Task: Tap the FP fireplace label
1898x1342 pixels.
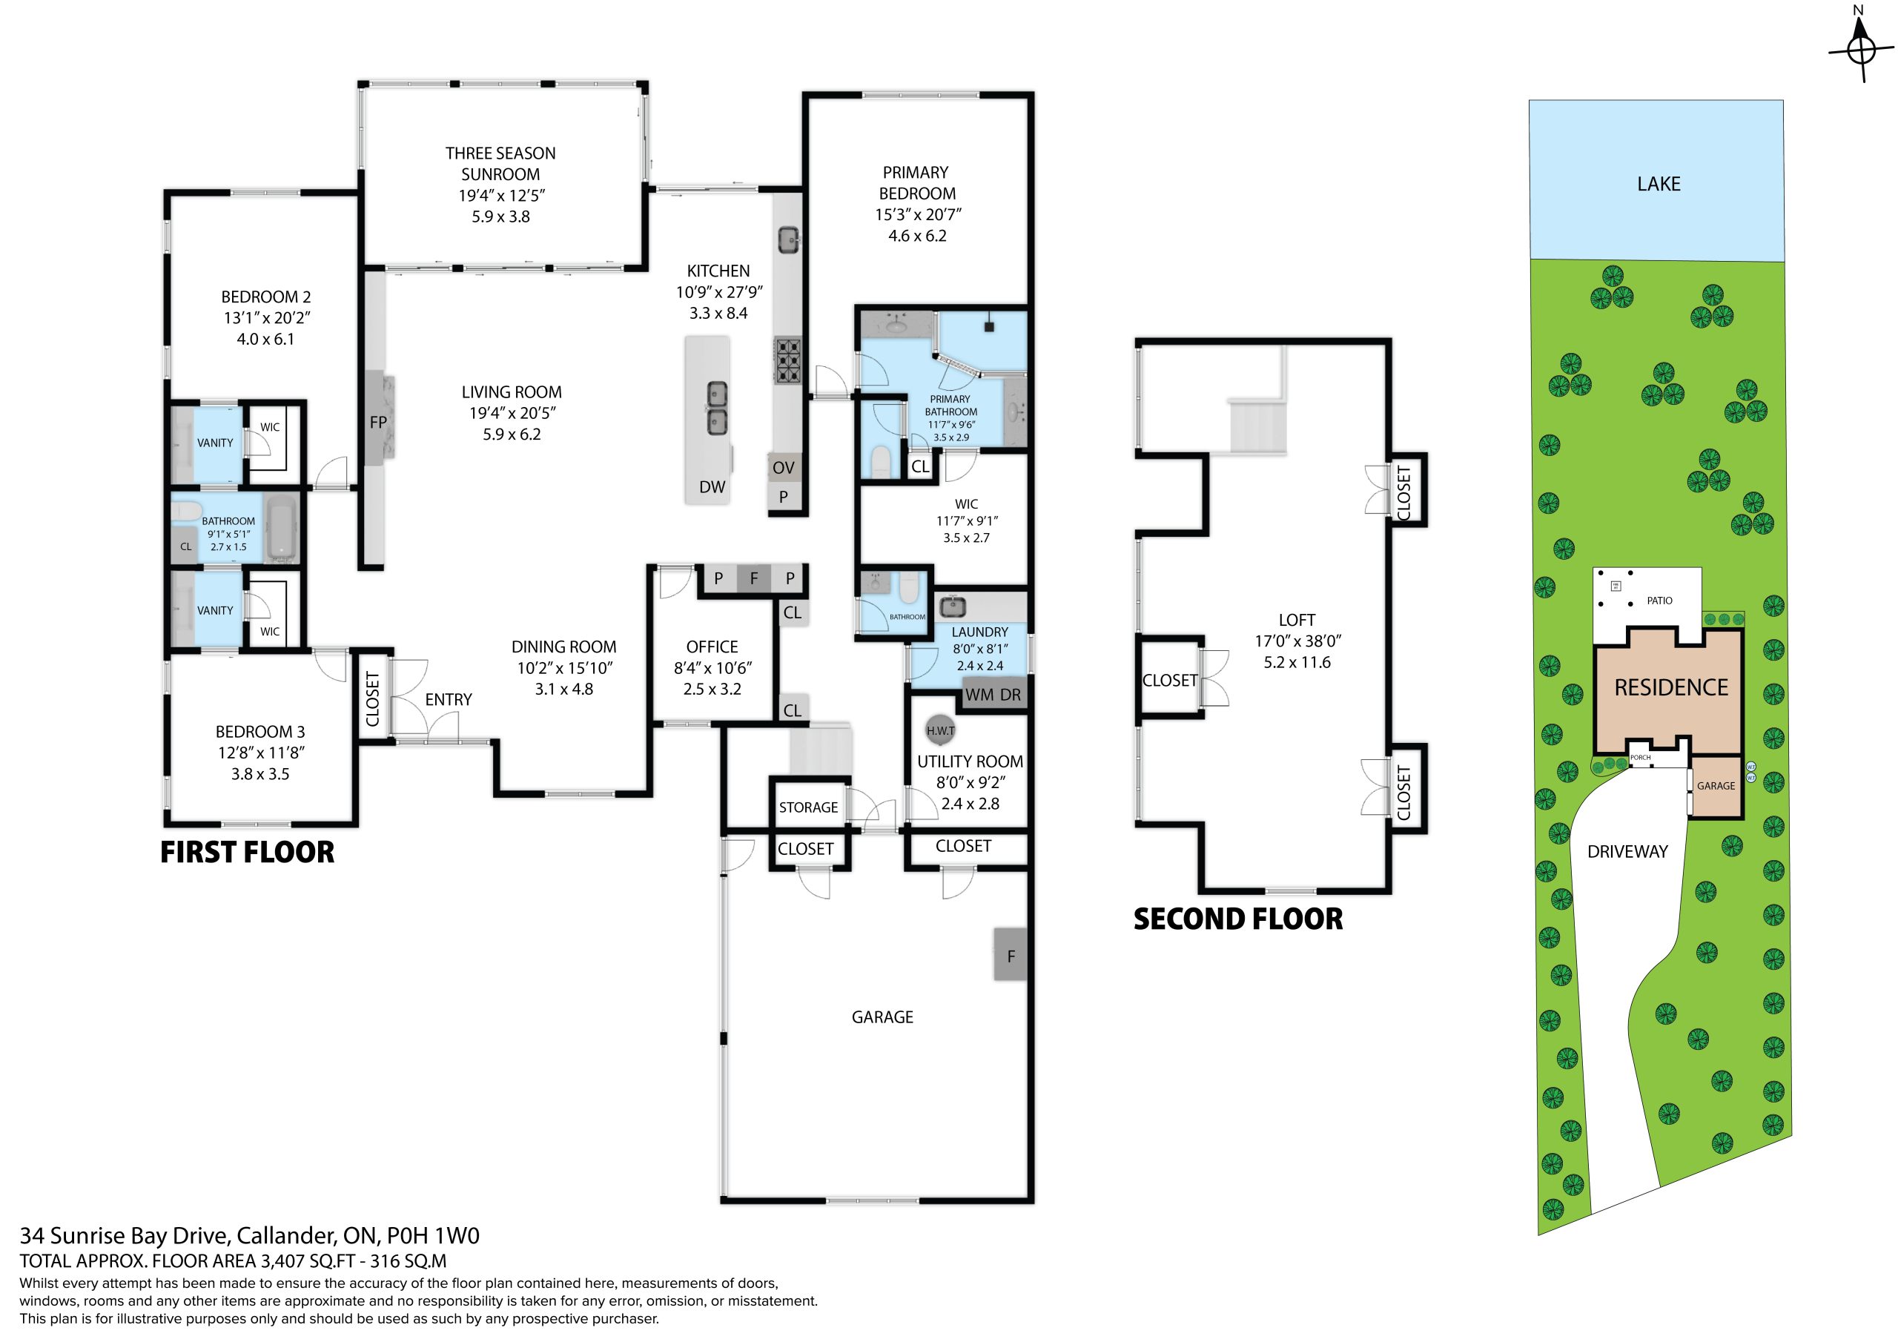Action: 379,423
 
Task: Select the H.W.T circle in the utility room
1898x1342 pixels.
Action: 940,730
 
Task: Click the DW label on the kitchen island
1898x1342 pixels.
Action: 712,487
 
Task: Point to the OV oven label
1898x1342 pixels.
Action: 783,468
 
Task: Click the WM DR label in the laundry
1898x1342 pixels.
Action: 993,695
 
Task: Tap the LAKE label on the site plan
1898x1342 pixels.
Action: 1659,184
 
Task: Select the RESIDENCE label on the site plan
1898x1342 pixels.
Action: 1670,687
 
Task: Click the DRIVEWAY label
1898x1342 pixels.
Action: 1627,852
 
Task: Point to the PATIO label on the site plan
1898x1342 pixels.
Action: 1659,601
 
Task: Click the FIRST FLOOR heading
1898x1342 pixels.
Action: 247,853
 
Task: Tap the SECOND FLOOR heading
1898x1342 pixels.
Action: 1238,919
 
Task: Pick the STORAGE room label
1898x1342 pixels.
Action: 808,807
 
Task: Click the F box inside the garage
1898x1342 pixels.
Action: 1011,955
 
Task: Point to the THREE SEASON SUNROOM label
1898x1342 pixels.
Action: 500,164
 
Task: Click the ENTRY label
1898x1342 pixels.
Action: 448,699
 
